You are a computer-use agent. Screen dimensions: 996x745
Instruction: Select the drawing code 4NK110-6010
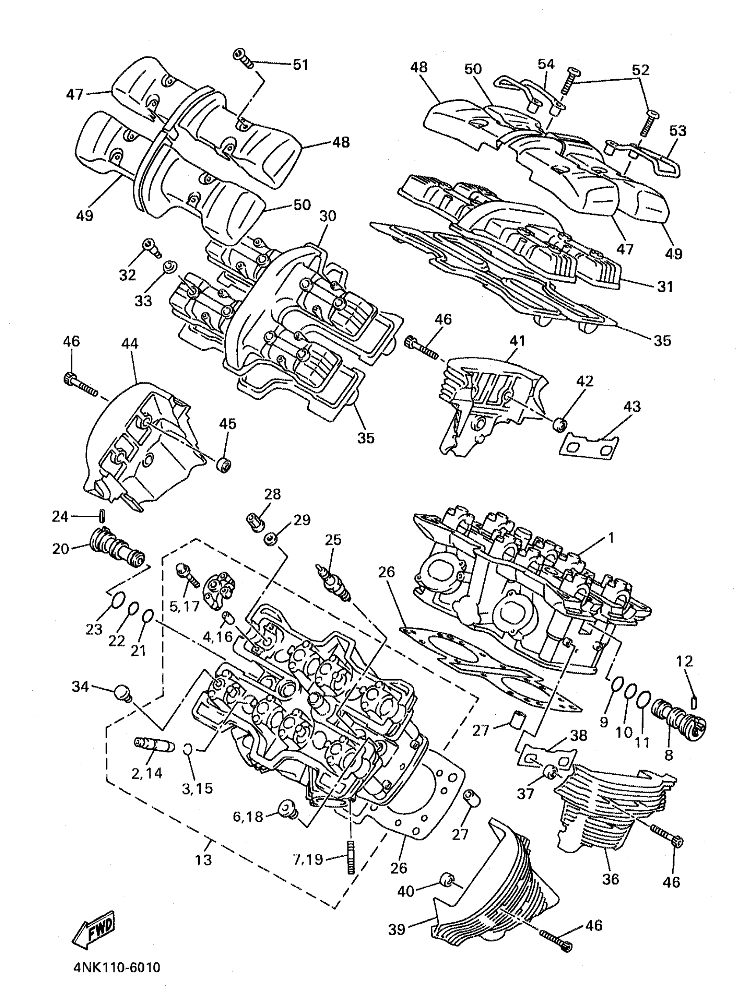116,969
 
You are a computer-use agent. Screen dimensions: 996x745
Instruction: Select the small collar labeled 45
224,464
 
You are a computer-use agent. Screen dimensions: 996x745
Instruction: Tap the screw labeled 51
243,59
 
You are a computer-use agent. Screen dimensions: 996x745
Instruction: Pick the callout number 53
678,131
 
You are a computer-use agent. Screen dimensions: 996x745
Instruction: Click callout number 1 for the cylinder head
611,538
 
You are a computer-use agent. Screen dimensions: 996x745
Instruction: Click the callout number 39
397,930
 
